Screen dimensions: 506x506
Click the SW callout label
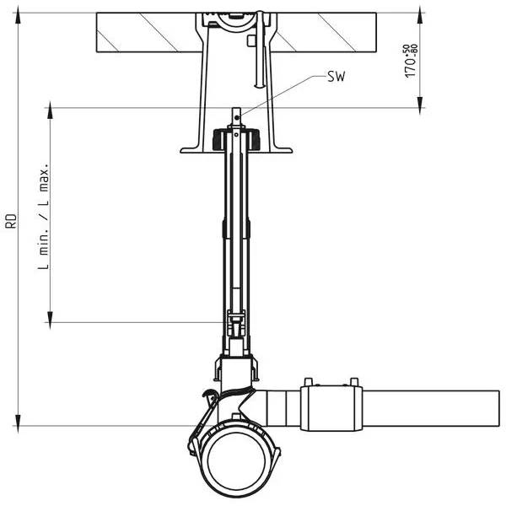point(336,77)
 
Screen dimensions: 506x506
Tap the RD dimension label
point(11,221)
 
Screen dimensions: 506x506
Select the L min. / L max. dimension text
point(44,216)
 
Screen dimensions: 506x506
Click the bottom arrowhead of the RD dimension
point(18,419)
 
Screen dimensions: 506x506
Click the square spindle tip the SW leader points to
point(236,116)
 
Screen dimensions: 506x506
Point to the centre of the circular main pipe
point(236,460)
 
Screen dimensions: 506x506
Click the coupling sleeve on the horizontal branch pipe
point(331,408)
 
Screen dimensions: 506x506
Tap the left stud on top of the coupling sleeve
point(309,381)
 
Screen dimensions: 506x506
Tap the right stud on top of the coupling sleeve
point(354,381)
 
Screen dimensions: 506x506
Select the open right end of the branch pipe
point(499,408)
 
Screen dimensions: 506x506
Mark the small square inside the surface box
point(251,41)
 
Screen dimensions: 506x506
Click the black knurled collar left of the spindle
point(218,139)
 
